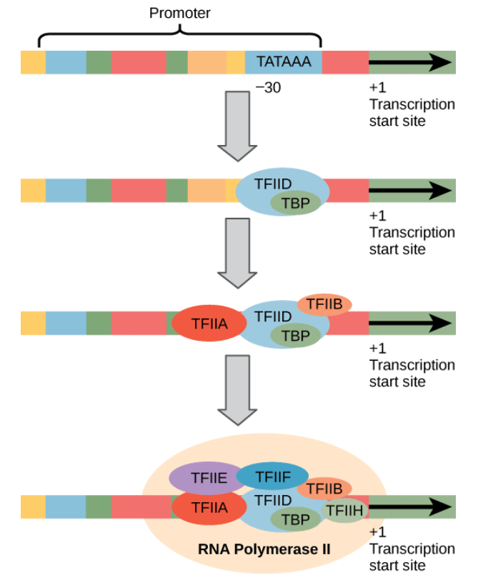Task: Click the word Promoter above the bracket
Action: click(179, 14)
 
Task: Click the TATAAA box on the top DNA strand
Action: click(284, 63)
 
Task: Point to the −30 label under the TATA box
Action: click(268, 89)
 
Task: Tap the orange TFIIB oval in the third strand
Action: click(324, 305)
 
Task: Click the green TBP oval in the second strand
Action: click(295, 204)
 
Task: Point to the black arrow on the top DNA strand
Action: click(411, 63)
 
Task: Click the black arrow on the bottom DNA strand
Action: click(411, 506)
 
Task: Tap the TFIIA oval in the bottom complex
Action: click(209, 507)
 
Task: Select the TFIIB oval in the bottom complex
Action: click(324, 489)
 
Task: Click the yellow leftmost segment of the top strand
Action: click(33, 63)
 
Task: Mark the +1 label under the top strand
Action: click(377, 89)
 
